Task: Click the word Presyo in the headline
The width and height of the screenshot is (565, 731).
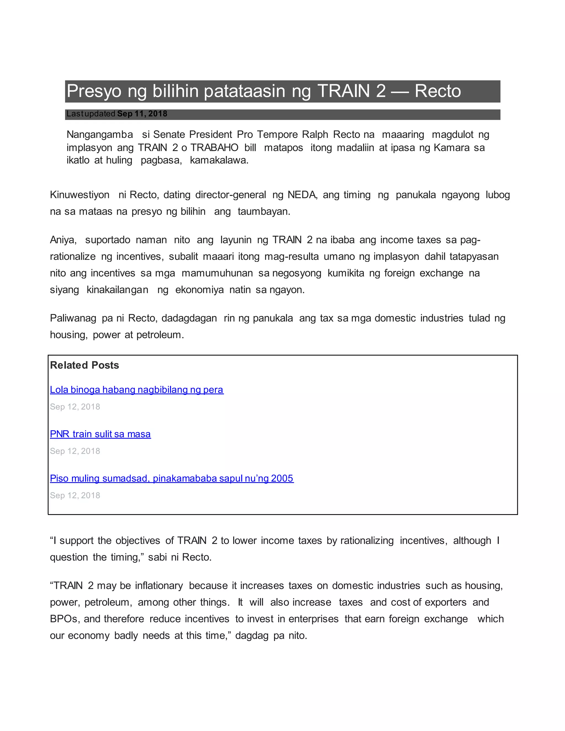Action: (94, 91)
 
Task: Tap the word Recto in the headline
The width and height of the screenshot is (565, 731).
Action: (438, 91)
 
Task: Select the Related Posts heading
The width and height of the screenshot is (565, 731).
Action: (84, 365)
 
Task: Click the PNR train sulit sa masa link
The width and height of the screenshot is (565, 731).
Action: (100, 434)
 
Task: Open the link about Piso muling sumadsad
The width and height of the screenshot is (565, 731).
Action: (171, 478)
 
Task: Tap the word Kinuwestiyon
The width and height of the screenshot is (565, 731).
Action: (80, 195)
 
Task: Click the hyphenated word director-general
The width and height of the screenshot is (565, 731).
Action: (231, 195)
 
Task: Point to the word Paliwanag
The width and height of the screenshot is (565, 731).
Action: (73, 318)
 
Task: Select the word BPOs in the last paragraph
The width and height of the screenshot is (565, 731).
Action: (64, 619)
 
